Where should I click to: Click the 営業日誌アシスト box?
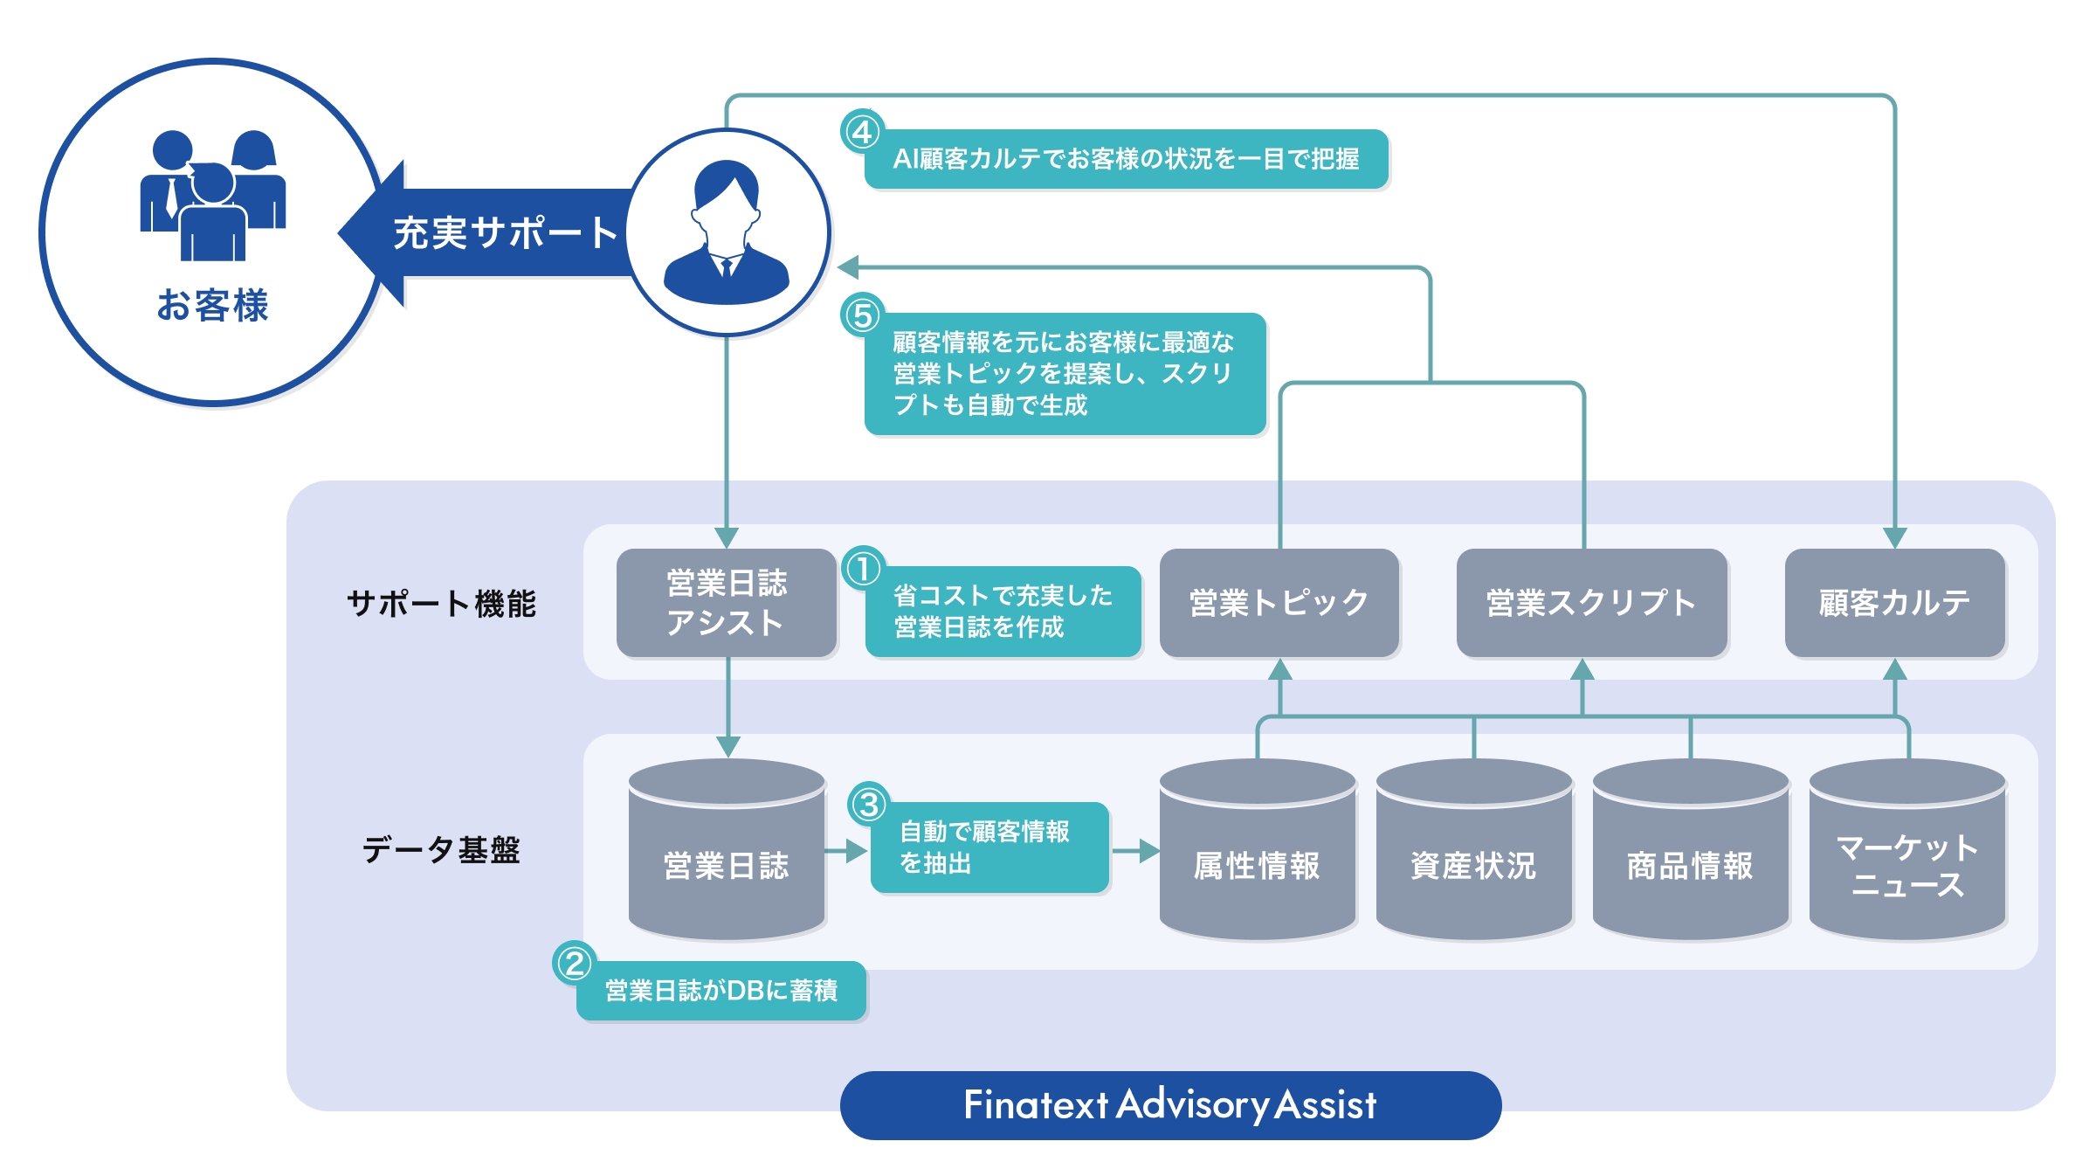click(x=727, y=603)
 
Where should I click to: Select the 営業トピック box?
click(x=1279, y=603)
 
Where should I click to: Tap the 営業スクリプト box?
click(x=1591, y=603)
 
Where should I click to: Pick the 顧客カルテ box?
click(x=1894, y=603)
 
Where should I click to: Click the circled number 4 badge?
click(x=863, y=132)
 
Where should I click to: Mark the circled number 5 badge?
click(x=863, y=315)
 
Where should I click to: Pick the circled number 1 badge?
click(x=863, y=569)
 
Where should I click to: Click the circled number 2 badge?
click(x=575, y=964)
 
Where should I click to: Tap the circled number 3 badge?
click(x=868, y=805)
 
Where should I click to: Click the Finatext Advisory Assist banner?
click(x=1170, y=1105)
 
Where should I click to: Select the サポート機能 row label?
click(x=441, y=604)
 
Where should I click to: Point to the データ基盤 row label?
click(x=441, y=849)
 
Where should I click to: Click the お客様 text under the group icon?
click(x=212, y=306)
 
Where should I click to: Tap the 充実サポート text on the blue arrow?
click(x=506, y=233)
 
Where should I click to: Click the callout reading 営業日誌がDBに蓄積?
click(x=721, y=991)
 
